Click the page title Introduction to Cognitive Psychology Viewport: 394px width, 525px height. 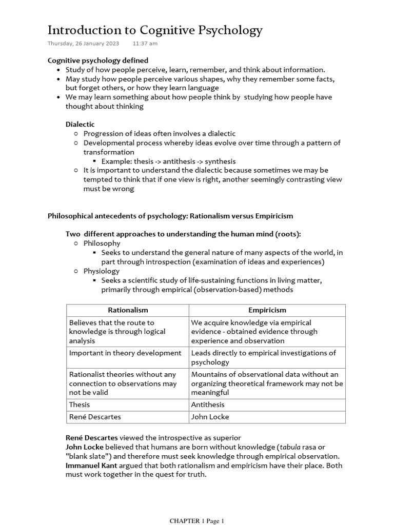[x=155, y=30]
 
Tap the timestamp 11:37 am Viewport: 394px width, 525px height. [x=145, y=44]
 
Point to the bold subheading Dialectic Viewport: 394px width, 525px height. [x=80, y=124]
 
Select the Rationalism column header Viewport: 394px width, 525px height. [x=128, y=310]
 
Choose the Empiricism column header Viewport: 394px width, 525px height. [x=267, y=310]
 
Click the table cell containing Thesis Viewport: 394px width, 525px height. [x=80, y=405]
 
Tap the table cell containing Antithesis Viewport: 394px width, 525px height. [x=208, y=405]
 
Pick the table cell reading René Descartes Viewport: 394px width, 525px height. [x=95, y=417]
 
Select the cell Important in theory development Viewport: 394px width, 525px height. [x=125, y=353]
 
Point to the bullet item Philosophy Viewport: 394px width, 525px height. [x=102, y=243]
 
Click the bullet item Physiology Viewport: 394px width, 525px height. [x=102, y=271]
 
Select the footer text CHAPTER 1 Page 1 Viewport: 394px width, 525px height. [x=197, y=521]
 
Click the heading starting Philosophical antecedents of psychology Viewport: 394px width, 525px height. [x=170, y=216]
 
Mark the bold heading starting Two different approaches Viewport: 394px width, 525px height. [x=183, y=234]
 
